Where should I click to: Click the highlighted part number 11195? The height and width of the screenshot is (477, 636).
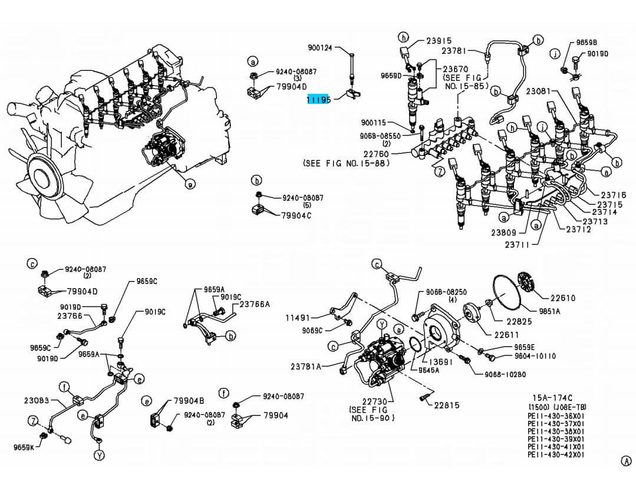click(318, 100)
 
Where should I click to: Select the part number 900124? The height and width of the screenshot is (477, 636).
click(320, 47)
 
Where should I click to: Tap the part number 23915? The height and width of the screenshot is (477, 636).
click(439, 41)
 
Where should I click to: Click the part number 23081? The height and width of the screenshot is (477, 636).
click(539, 92)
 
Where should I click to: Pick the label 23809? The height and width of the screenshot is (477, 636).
click(504, 233)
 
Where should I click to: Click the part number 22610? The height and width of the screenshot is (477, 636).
click(563, 298)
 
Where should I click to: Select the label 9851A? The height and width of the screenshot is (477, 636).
click(550, 311)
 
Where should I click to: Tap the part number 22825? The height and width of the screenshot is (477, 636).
click(519, 321)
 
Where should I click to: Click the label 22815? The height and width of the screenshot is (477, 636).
click(447, 406)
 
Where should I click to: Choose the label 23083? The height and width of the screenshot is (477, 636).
click(37, 400)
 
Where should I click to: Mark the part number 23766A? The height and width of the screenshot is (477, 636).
click(255, 304)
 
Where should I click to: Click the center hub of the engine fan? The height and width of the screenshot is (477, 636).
click(42, 177)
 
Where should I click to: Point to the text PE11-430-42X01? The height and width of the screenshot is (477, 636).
click(556, 455)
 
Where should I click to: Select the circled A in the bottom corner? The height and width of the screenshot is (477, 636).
click(626, 461)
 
